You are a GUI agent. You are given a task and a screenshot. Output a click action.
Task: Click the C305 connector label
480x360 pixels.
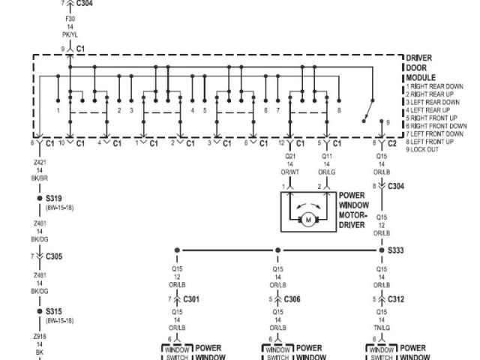click(x=54, y=256)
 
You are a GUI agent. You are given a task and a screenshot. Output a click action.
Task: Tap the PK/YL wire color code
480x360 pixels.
click(x=70, y=34)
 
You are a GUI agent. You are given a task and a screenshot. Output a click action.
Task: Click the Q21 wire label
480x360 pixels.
click(x=291, y=157)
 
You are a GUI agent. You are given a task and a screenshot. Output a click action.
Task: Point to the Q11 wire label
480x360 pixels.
click(x=327, y=157)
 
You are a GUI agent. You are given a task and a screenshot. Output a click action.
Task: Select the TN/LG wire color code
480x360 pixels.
click(x=381, y=328)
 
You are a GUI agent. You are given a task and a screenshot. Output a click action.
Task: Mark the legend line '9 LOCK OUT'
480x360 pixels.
click(x=424, y=149)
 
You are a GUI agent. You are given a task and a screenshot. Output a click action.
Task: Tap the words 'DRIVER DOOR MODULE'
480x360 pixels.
click(x=420, y=67)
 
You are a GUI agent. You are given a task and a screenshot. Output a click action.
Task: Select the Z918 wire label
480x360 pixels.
click(x=40, y=337)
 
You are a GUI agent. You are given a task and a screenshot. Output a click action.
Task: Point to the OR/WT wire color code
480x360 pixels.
click(x=291, y=172)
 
